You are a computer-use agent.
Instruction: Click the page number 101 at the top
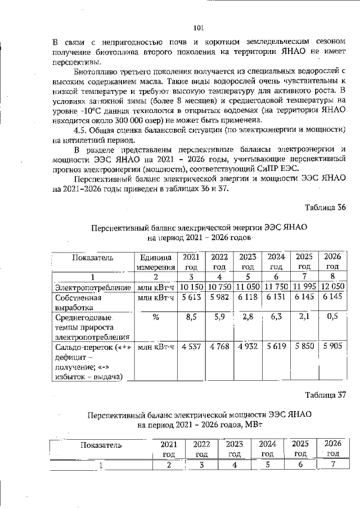click(197, 26)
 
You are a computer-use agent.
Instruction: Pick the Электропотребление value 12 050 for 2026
click(332, 287)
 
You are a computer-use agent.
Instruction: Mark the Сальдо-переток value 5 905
click(332, 347)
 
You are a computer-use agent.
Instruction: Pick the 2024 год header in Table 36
click(276, 262)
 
